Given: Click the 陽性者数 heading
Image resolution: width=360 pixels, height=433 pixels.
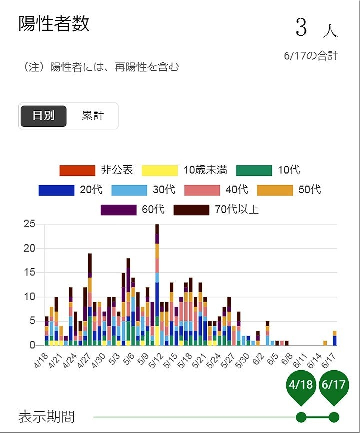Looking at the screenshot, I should (x=54, y=23).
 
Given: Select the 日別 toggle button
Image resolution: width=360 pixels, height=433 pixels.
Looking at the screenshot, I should (x=43, y=116).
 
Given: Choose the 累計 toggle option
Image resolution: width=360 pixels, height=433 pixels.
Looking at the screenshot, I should (x=93, y=116).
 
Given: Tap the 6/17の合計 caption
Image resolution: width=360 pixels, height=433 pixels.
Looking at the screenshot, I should (x=310, y=56).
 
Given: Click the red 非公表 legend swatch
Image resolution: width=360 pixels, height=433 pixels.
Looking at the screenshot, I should (x=77, y=170).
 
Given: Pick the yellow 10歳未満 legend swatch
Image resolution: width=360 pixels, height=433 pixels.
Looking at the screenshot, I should (x=160, y=170).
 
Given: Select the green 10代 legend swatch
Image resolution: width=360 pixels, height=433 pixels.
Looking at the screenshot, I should (x=254, y=170).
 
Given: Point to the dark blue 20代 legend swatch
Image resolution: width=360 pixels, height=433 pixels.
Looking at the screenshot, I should (x=56, y=190).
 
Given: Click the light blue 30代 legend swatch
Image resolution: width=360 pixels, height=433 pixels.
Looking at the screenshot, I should (x=129, y=190).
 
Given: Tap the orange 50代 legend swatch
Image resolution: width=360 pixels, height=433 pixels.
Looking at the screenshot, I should (x=275, y=190).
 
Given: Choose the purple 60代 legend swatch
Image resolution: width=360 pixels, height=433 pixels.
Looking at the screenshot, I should (x=118, y=210).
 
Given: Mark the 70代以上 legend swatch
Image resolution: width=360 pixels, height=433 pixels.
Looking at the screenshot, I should (x=191, y=210).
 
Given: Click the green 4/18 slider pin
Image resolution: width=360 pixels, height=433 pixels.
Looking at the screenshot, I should (x=301, y=386).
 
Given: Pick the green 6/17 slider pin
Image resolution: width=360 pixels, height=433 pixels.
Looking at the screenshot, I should (x=334, y=386).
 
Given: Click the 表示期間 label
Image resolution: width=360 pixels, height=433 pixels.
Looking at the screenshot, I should (x=47, y=416).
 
